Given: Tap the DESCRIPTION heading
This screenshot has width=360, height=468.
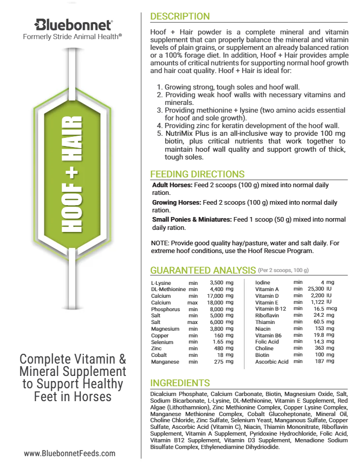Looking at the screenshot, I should point(179,17).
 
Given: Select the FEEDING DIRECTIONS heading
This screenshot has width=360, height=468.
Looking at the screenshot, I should point(197,174).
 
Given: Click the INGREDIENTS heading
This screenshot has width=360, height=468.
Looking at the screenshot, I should point(179,383).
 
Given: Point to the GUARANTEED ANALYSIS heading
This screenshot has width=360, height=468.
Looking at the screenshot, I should point(203,271).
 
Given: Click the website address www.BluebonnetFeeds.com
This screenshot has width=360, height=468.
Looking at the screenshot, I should point(70,453).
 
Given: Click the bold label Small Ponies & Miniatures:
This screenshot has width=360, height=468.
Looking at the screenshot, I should point(192,220).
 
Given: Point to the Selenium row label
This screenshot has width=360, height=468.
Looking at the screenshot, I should point(161,342).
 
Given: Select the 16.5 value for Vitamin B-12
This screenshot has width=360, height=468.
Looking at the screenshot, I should point(321,309).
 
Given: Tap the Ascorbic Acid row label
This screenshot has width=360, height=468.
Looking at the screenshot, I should point(272,362).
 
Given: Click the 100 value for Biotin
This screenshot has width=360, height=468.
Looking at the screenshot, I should point(319,355).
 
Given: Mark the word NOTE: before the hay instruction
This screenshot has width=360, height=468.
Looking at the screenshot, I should point(160,243).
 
